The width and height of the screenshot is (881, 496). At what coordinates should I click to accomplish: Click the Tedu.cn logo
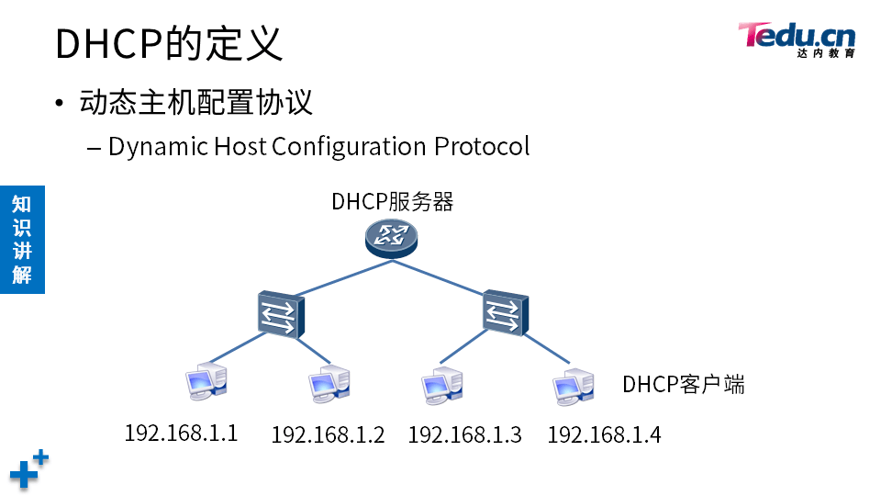pos(797,39)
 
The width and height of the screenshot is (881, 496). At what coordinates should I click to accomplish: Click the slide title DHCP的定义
pos(169,43)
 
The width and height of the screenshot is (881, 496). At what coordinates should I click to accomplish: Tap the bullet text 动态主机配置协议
pos(196,101)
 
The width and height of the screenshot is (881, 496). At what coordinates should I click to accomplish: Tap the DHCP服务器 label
pos(393,202)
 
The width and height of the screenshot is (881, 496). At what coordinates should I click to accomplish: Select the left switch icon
pos(278,314)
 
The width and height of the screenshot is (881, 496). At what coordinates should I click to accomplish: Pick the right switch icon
pos(504,314)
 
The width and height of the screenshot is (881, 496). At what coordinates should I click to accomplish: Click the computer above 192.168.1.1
pos(204,381)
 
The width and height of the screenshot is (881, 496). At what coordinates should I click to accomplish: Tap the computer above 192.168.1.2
pos(329,384)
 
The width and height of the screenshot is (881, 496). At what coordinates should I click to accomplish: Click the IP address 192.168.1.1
pos(181,433)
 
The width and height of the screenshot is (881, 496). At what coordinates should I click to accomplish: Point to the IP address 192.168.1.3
pos(464,434)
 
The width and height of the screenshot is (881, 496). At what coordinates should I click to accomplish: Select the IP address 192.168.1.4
pos(604,434)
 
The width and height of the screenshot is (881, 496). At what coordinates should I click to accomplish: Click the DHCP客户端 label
pos(684,384)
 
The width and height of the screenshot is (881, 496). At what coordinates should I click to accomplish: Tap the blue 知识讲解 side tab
pos(22,239)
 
